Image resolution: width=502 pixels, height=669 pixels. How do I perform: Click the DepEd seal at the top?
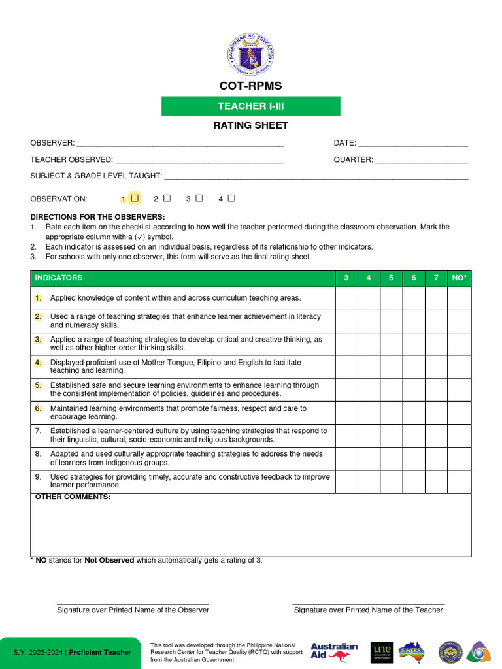pos(251,55)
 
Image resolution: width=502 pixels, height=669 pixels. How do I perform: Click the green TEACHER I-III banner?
pos(251,106)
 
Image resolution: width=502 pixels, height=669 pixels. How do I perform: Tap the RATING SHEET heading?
pos(251,125)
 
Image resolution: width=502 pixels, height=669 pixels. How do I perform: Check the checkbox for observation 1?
pos(135,198)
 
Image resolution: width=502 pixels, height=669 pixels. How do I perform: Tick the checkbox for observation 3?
pos(199,198)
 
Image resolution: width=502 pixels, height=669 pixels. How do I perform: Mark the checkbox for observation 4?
pos(231,198)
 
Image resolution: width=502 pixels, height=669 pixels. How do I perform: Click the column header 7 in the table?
pos(436,278)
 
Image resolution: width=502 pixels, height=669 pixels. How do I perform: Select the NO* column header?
pos(460,278)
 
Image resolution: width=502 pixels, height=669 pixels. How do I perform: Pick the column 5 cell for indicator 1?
pos(392,298)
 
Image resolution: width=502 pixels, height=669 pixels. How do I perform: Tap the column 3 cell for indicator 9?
pos(346,481)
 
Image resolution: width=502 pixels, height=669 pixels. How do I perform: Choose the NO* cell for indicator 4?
pos(460,367)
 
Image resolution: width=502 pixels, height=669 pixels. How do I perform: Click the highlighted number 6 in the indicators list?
pos(39,408)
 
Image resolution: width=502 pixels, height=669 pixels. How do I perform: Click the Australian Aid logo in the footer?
pos(334,651)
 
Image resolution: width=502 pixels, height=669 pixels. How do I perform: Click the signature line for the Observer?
pos(133,604)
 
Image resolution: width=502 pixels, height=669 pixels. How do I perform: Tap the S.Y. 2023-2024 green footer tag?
pos(71,653)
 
